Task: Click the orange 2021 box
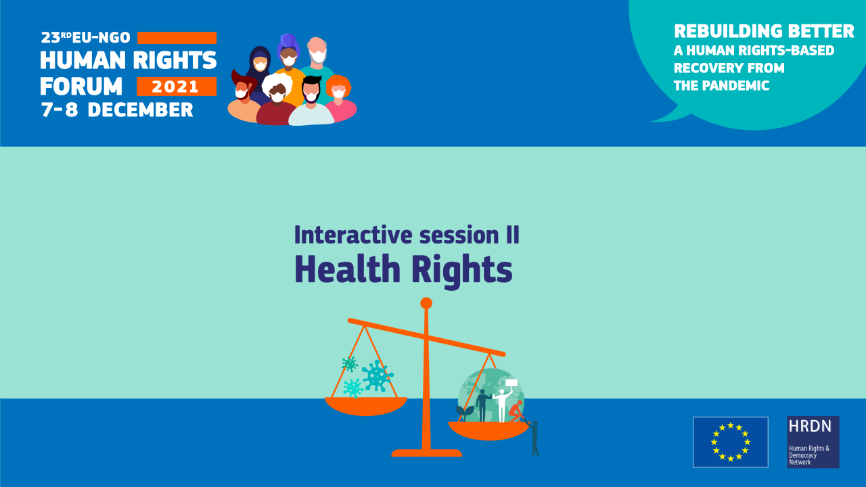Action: pyautogui.click(x=176, y=87)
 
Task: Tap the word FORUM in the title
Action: pyautogui.click(x=81, y=87)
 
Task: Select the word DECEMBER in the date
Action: pyautogui.click(x=140, y=110)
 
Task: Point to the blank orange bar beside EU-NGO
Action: pyautogui.click(x=177, y=38)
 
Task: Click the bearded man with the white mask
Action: pyautogui.click(x=317, y=54)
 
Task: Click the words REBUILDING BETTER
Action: pyautogui.click(x=764, y=31)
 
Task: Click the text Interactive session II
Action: pyautogui.click(x=407, y=235)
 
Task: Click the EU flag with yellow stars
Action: pyautogui.click(x=730, y=442)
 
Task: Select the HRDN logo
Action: pyautogui.click(x=813, y=442)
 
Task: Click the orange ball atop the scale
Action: pyautogui.click(x=426, y=303)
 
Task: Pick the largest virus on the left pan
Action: pyautogui.click(x=377, y=375)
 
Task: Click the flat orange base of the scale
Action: pyautogui.click(x=426, y=453)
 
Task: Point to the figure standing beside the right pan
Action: pyautogui.click(x=534, y=438)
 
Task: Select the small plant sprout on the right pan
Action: pyautogui.click(x=464, y=411)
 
